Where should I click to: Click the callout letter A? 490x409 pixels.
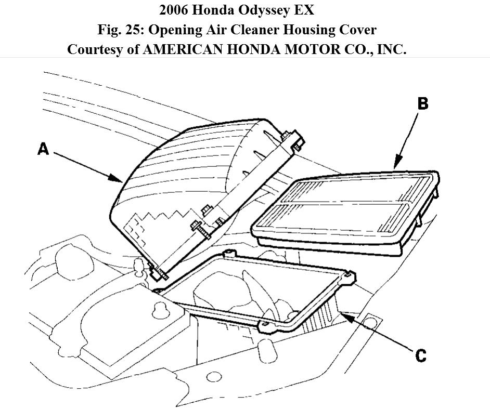click(x=43, y=149)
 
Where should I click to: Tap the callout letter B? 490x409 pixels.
click(x=423, y=103)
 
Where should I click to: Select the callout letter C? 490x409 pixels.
click(x=421, y=355)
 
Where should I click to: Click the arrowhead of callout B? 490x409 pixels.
click(x=395, y=166)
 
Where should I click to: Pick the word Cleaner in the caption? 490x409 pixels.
click(x=235, y=30)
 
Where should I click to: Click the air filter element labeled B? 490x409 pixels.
click(x=343, y=210)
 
